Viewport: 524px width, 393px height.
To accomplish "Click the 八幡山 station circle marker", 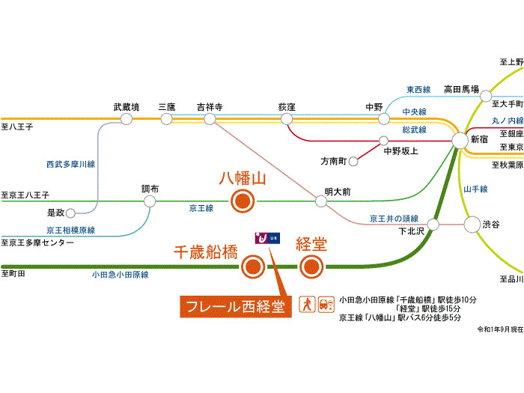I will [x=243, y=201].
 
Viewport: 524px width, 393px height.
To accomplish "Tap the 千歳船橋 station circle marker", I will [x=252, y=265].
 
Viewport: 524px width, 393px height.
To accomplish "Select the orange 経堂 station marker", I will [x=311, y=265].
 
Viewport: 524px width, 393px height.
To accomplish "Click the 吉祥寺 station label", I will [x=210, y=107].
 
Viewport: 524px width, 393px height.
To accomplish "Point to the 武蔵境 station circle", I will [x=127, y=119].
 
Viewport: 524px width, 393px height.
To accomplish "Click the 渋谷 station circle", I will [x=472, y=224].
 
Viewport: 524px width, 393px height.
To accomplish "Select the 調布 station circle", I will [x=150, y=201].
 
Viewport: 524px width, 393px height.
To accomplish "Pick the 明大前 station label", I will [x=337, y=192].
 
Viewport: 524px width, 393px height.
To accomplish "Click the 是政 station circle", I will [x=73, y=213].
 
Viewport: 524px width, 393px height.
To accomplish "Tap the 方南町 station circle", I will [x=353, y=159].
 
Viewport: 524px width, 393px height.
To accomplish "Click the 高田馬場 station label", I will [x=461, y=88].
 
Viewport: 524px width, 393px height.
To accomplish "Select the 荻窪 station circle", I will [x=287, y=119].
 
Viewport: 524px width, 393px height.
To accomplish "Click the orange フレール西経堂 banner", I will [x=235, y=306].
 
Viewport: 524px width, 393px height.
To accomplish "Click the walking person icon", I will [x=305, y=304].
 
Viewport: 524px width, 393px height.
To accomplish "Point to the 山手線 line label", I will [x=476, y=189].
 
